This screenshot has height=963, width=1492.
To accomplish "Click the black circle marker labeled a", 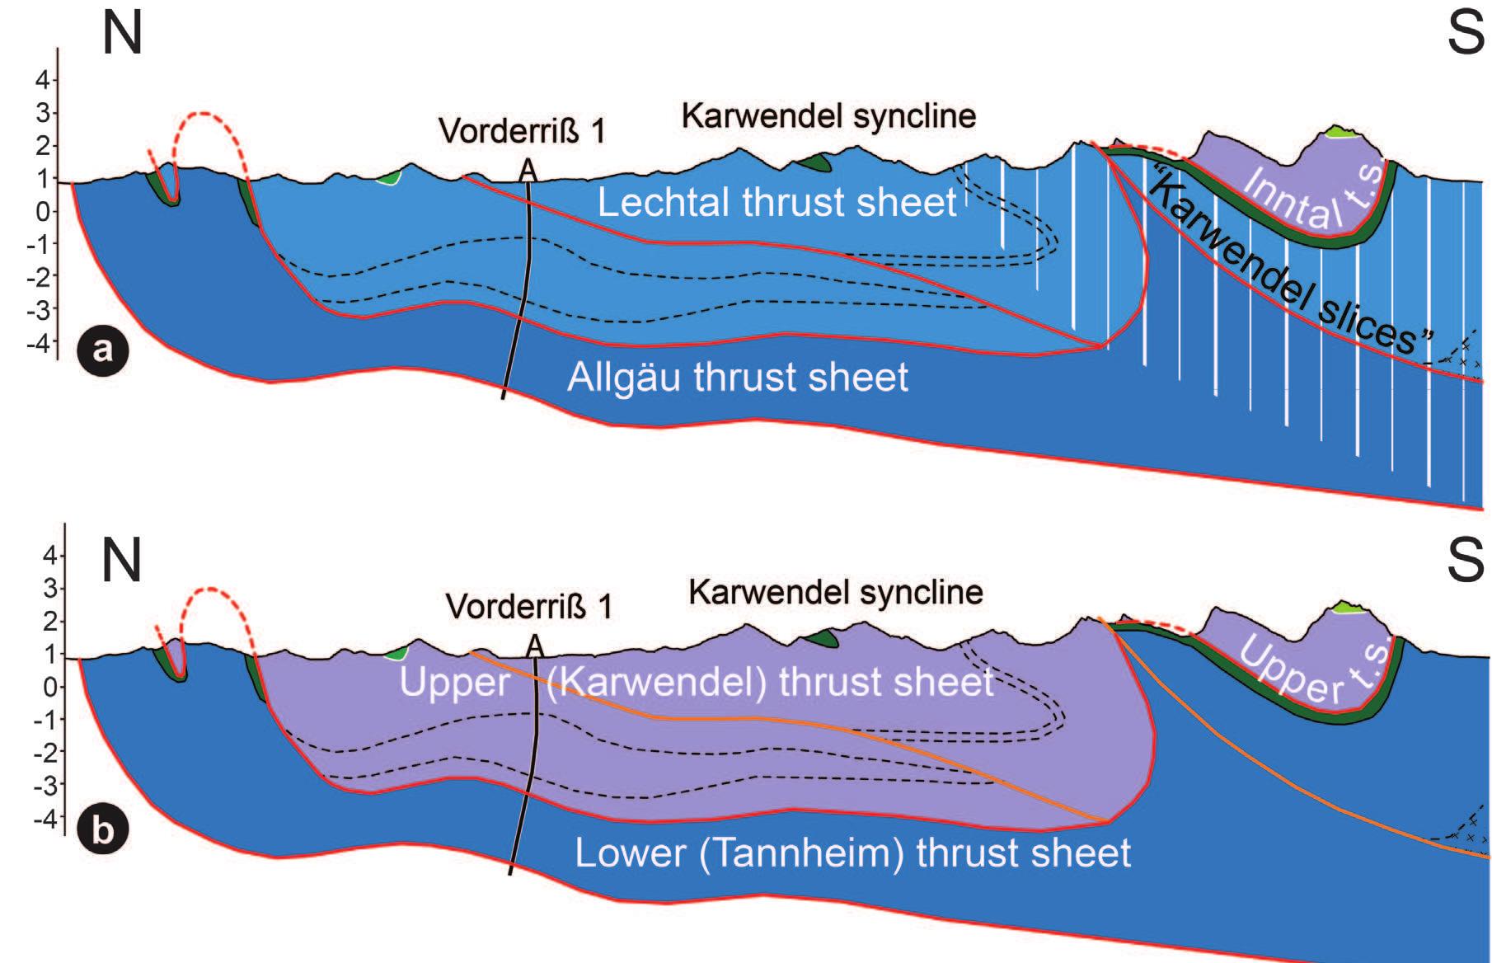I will pos(102,350).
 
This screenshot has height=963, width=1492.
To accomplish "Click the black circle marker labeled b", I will pos(102,829).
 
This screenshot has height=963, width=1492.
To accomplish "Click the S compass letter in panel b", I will pos(1465,560).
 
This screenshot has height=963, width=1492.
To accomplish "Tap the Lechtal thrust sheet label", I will pos(776,202).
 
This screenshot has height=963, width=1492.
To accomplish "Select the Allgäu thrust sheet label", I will pos(737,378).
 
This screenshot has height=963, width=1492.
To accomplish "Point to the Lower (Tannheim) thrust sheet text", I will pos(852,853).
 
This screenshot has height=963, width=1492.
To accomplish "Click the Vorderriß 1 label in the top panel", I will pos(522,131).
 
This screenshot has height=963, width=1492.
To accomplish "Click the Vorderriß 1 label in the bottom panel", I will pos(529,607).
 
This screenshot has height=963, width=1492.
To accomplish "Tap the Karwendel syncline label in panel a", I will pos(828,116).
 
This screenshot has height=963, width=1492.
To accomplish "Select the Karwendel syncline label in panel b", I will pos(835,592).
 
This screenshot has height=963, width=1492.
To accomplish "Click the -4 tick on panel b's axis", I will pos(46,819).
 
